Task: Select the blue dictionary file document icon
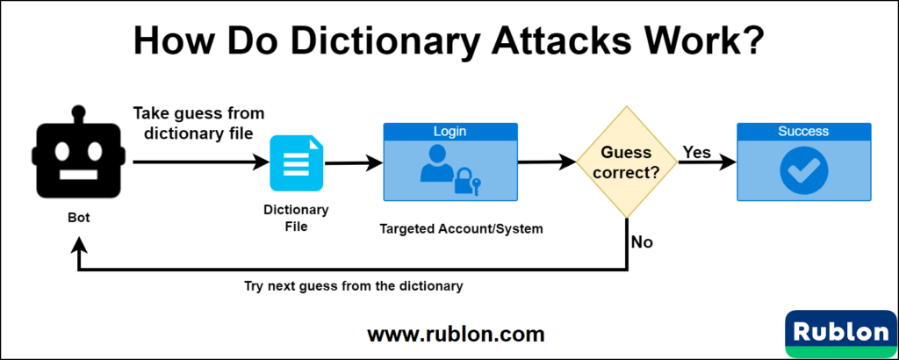pyautogui.click(x=296, y=163)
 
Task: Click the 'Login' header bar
pyautogui.click(x=449, y=132)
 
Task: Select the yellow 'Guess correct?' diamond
pyautogui.click(x=627, y=162)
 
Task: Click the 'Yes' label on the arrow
pyautogui.click(x=696, y=153)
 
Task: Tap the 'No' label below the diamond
pyautogui.click(x=642, y=242)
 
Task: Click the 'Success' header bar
pyautogui.click(x=803, y=132)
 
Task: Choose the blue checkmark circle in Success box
pyautogui.click(x=803, y=169)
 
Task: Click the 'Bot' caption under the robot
pyautogui.click(x=78, y=215)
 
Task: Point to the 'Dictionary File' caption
pyautogui.click(x=296, y=218)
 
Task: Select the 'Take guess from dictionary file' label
pyautogui.click(x=198, y=123)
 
